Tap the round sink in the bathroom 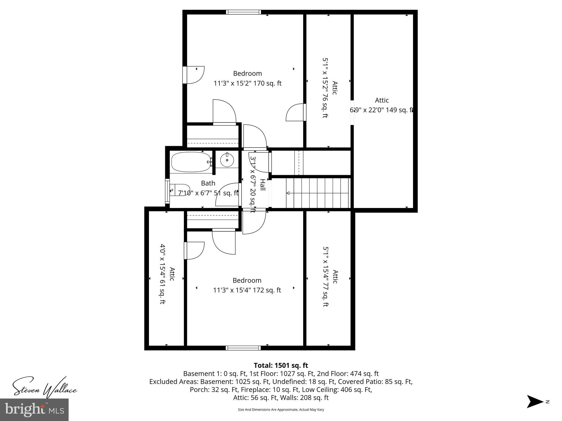click(227, 160)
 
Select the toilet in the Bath click(180, 190)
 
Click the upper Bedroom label click(247, 73)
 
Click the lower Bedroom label click(247, 280)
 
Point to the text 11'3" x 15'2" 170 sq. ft click(247, 83)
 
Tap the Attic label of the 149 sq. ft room click(382, 100)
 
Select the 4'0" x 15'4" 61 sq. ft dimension click(162, 274)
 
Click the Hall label click(263, 185)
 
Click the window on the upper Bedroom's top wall click(243, 12)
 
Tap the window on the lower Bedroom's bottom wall click(243, 348)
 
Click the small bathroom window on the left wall click(167, 191)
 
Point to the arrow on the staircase click(288, 193)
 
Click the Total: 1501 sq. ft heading click(281, 365)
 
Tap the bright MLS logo click(34, 409)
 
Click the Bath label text click(208, 183)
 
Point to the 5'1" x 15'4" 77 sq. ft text click(325, 277)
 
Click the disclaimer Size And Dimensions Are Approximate click(281, 409)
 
